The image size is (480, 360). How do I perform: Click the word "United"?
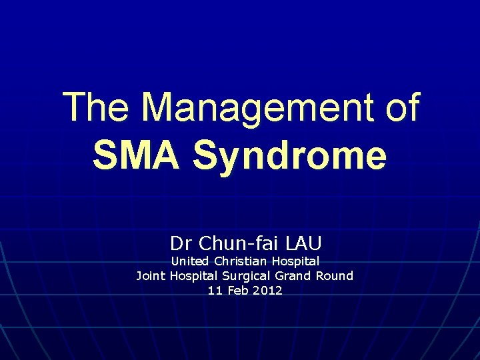(189, 261)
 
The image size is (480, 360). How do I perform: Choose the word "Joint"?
(151, 275)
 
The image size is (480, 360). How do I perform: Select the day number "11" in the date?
(214, 291)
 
